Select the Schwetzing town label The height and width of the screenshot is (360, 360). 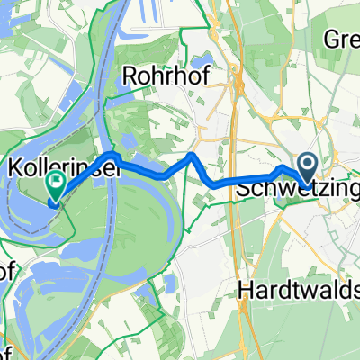tap(297, 190)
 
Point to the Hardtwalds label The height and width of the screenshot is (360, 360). tap(300, 290)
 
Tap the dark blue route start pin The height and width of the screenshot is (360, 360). tap(306, 166)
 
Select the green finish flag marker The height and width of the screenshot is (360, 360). tap(54, 187)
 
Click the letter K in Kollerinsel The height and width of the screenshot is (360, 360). tap(13, 167)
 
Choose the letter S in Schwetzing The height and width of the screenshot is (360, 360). tap(243, 190)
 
